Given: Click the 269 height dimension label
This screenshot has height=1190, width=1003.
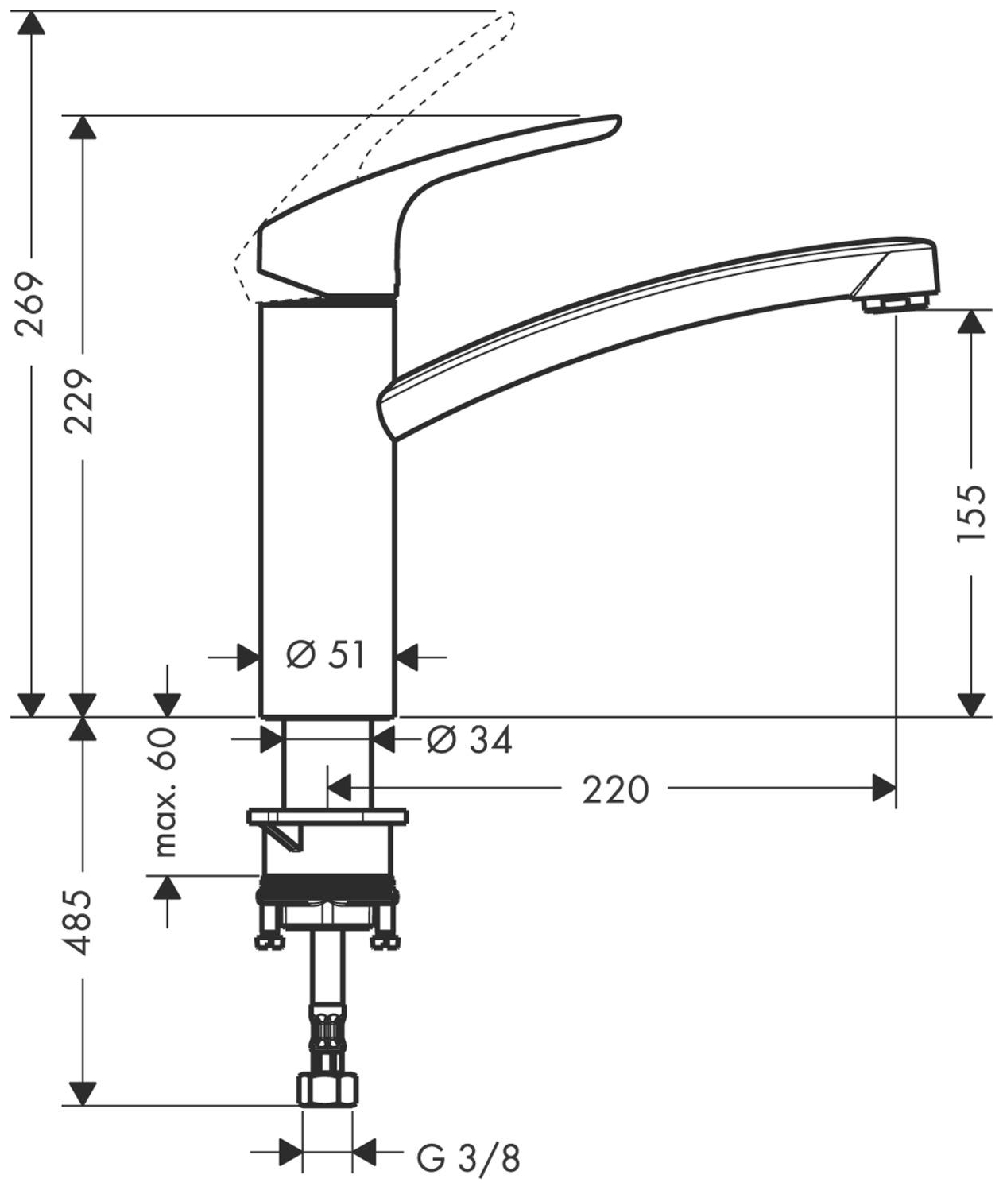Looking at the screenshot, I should click(x=32, y=304).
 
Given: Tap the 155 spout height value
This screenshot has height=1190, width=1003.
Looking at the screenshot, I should click(x=971, y=513).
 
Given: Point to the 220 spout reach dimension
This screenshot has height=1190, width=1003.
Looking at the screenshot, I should click(x=615, y=790).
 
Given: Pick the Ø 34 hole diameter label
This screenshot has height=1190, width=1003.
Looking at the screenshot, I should click(x=469, y=741).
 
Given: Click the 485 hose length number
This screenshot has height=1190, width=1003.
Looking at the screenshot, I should click(x=79, y=922).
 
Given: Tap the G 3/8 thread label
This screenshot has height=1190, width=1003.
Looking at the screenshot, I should click(x=469, y=1159).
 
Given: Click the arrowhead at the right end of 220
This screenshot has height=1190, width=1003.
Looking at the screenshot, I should click(x=883, y=789).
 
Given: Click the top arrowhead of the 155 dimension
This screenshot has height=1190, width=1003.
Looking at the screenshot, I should click(x=971, y=322).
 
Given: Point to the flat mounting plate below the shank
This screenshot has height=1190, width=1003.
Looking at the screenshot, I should click(x=327, y=816).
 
